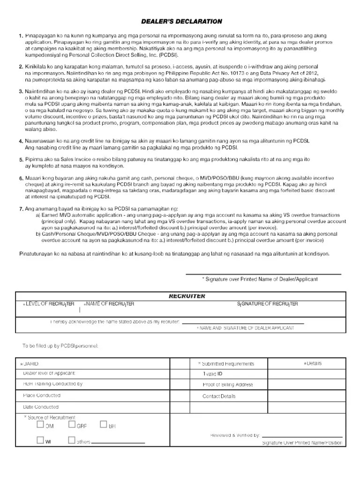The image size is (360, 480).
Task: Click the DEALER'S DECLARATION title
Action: [182, 22]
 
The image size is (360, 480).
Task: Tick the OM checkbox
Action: [40, 425]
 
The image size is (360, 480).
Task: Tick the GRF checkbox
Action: [72, 425]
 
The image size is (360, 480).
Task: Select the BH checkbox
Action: [104, 425]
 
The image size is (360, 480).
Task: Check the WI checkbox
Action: [40, 441]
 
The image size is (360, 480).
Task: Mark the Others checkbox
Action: [72, 441]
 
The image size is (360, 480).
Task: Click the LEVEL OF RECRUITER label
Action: [48, 304]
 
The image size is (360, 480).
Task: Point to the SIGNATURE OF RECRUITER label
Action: [267, 304]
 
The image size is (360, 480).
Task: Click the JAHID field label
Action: [31, 364]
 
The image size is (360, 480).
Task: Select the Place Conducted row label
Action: [42, 396]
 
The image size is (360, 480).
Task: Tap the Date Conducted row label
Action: [41, 407]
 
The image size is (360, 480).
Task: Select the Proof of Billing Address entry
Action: [227, 385]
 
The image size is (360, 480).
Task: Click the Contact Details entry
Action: [219, 396]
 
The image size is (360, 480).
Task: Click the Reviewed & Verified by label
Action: [235, 435]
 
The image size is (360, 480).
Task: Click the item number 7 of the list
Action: [21, 208]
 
